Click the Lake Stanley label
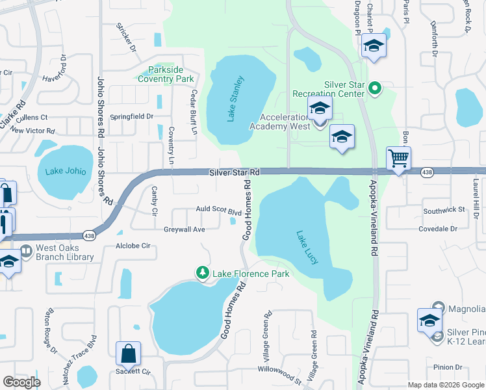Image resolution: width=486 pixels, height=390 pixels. pos(235,99)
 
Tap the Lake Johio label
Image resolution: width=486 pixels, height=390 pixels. pos(65,172)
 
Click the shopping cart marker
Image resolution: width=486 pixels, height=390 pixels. pos(398,158)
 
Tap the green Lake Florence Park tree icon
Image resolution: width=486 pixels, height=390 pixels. pos(203,273)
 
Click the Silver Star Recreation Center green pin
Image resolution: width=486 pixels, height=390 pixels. pos(375,86)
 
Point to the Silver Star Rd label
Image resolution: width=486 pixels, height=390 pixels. pos(235,172)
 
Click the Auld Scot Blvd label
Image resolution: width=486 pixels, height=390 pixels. pos(219,211)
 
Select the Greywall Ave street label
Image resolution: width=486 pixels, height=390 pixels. pos(184,229)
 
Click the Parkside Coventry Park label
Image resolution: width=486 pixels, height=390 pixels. pos(166,75)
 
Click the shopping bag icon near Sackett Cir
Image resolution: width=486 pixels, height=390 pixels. pos(129,354)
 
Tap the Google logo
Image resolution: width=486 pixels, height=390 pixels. pos(21,382)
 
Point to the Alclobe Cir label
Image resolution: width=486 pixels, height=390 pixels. pos(133,246)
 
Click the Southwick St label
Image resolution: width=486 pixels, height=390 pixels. pos(444,210)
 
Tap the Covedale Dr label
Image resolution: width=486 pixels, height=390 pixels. pos(438,229)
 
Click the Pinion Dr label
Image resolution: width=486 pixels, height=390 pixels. pos(448,367)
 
